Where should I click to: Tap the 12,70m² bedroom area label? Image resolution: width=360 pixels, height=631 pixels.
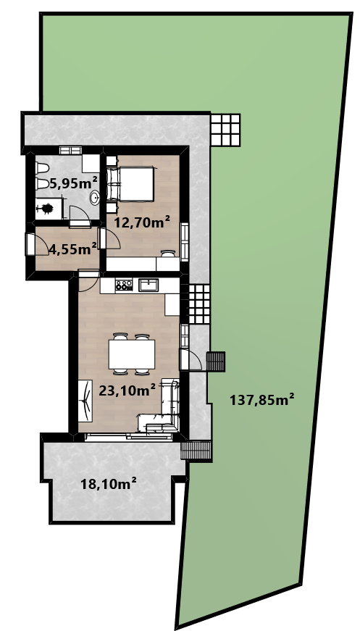click(142, 222)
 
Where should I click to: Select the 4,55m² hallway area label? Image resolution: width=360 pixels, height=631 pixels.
click(73, 248)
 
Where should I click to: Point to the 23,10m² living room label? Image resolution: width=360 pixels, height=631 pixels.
click(127, 390)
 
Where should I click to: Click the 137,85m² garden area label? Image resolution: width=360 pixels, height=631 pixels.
click(262, 400)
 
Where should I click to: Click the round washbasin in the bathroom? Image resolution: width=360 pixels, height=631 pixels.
click(95, 198)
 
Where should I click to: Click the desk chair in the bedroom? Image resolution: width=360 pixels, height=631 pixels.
click(168, 253)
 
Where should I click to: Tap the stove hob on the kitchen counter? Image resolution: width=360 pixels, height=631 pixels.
click(124, 285)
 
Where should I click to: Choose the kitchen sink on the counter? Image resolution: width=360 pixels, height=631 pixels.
click(148, 285)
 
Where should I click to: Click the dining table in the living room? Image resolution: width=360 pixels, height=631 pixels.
click(132, 354)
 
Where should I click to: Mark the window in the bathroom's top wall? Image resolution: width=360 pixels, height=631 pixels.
click(71, 150)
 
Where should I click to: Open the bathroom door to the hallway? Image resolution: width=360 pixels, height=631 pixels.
click(79, 217)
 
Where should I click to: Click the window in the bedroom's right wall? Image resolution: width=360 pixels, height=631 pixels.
click(185, 242)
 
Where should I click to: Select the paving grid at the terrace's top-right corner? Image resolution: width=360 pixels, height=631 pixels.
click(225, 130)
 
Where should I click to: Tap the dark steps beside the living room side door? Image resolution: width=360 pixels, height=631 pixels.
click(216, 362)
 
